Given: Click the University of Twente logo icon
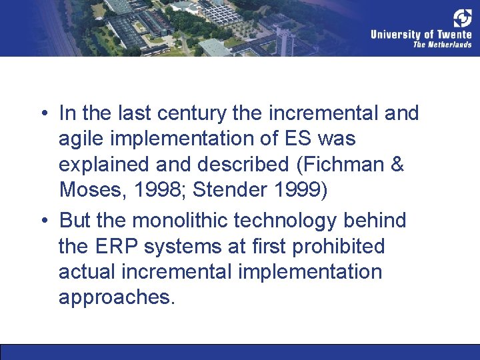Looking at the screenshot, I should pyautogui.click(x=463, y=18).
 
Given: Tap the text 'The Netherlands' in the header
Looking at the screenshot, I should pyautogui.click(x=442, y=45).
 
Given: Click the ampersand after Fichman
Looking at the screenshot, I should pyautogui.click(x=397, y=165).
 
